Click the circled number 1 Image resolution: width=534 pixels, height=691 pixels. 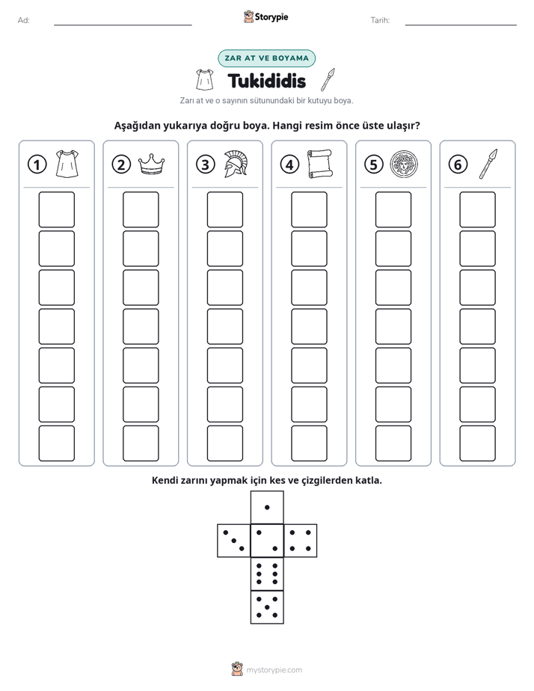37,165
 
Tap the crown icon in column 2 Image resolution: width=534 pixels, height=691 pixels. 152,164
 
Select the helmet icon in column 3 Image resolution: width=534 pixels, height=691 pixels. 236,164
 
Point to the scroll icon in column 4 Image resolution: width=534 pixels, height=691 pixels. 320,164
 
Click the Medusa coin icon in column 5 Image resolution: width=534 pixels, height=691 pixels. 404,165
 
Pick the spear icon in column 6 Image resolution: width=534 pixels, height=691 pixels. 488,164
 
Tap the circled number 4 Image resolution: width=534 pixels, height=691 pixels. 289,165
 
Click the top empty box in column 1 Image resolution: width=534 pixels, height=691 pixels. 56,209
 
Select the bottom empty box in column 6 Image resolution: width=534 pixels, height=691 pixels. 477,443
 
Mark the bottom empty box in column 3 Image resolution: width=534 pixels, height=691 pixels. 224,443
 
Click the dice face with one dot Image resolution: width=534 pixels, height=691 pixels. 267,507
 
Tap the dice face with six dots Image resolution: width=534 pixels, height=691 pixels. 267,574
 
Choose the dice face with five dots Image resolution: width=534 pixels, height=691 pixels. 267,606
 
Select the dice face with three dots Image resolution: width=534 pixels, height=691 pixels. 234,540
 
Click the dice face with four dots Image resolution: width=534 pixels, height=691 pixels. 301,540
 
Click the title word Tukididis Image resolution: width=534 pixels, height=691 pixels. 266,81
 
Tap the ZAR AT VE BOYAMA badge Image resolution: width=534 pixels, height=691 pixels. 266,58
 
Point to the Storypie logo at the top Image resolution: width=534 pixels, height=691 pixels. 266,17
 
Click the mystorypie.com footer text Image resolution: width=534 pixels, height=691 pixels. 274,670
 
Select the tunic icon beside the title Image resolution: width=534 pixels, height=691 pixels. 205,80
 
